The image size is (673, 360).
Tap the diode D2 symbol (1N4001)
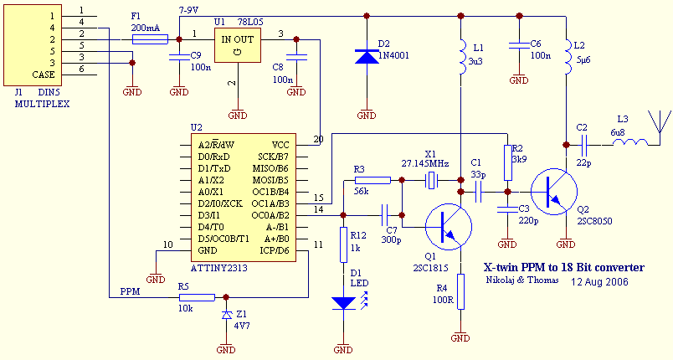click(x=367, y=57)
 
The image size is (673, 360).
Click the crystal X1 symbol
click(x=432, y=180)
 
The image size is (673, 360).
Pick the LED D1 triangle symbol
click(x=342, y=302)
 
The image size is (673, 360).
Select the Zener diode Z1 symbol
click(x=226, y=315)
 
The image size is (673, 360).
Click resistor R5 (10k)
click(x=197, y=296)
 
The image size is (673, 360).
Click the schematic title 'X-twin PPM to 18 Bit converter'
click(x=564, y=267)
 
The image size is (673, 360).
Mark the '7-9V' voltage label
click(x=190, y=8)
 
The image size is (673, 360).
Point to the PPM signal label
click(x=130, y=293)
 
